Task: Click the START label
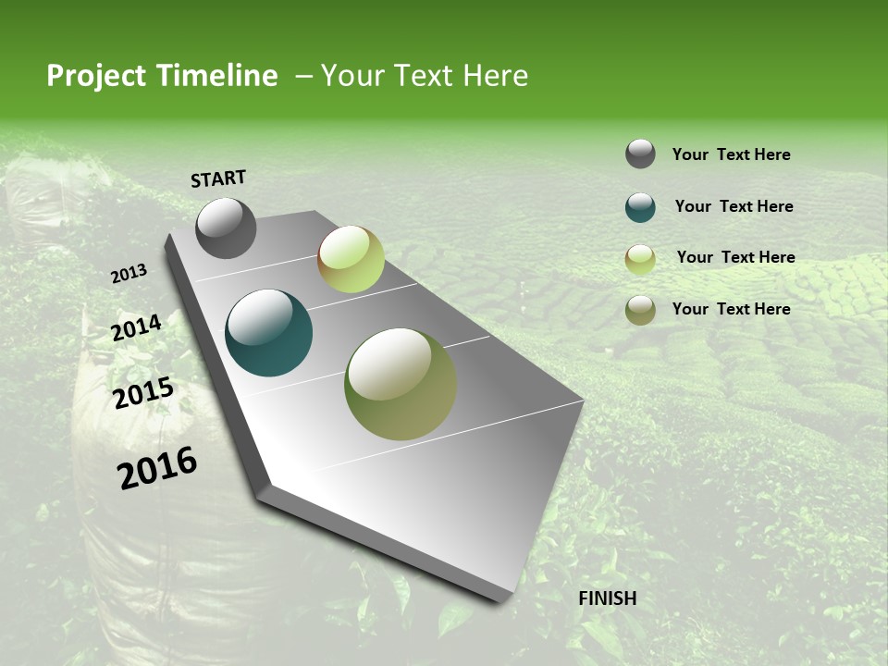click(x=218, y=179)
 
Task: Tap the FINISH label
click(x=607, y=598)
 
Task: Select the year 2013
click(x=129, y=274)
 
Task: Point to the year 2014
click(x=136, y=328)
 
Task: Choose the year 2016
click(x=157, y=468)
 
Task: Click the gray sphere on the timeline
click(x=226, y=228)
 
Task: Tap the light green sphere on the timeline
click(x=351, y=259)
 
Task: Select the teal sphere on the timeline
click(x=268, y=333)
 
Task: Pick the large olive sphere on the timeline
click(x=401, y=384)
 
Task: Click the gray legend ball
click(x=640, y=154)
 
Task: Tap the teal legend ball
click(x=640, y=207)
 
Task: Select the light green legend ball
click(x=640, y=259)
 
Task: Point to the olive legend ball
click(x=640, y=310)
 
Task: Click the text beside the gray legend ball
click(x=731, y=155)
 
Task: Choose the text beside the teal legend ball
click(x=734, y=206)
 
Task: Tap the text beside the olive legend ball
click(x=731, y=309)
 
